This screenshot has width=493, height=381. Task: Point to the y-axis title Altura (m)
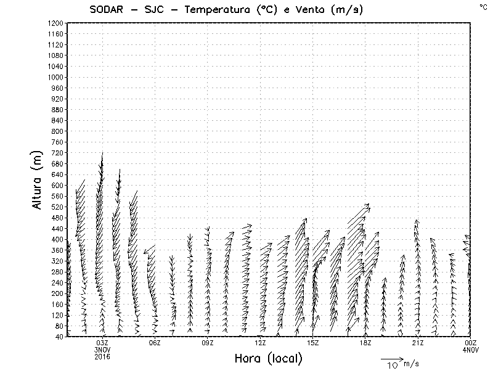pyautogui.click(x=38, y=179)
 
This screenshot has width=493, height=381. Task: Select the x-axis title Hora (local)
pyautogui.click(x=268, y=358)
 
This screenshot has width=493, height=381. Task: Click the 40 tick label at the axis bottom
pyautogui.click(x=59, y=337)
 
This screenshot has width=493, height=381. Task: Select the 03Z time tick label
pyautogui.click(x=102, y=343)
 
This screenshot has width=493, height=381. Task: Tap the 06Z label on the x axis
pyautogui.click(x=155, y=343)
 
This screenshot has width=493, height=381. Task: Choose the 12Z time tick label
pyautogui.click(x=260, y=343)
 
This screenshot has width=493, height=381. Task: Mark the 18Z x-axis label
pyautogui.click(x=365, y=343)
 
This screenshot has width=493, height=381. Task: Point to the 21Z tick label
pyautogui.click(x=418, y=343)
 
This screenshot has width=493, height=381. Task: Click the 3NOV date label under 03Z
pyautogui.click(x=102, y=350)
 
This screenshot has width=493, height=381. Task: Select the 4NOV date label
pyautogui.click(x=471, y=350)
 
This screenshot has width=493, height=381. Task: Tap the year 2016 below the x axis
pyautogui.click(x=102, y=356)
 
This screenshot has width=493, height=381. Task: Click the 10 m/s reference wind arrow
pyautogui.click(x=391, y=358)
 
